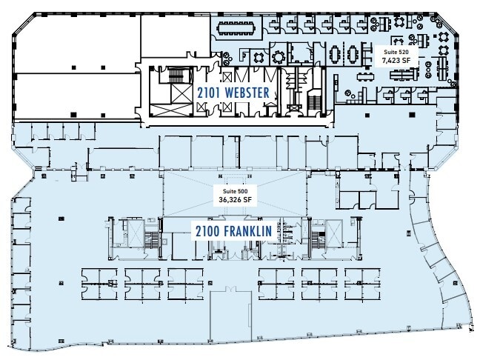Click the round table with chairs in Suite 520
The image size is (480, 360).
tap(279, 56)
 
